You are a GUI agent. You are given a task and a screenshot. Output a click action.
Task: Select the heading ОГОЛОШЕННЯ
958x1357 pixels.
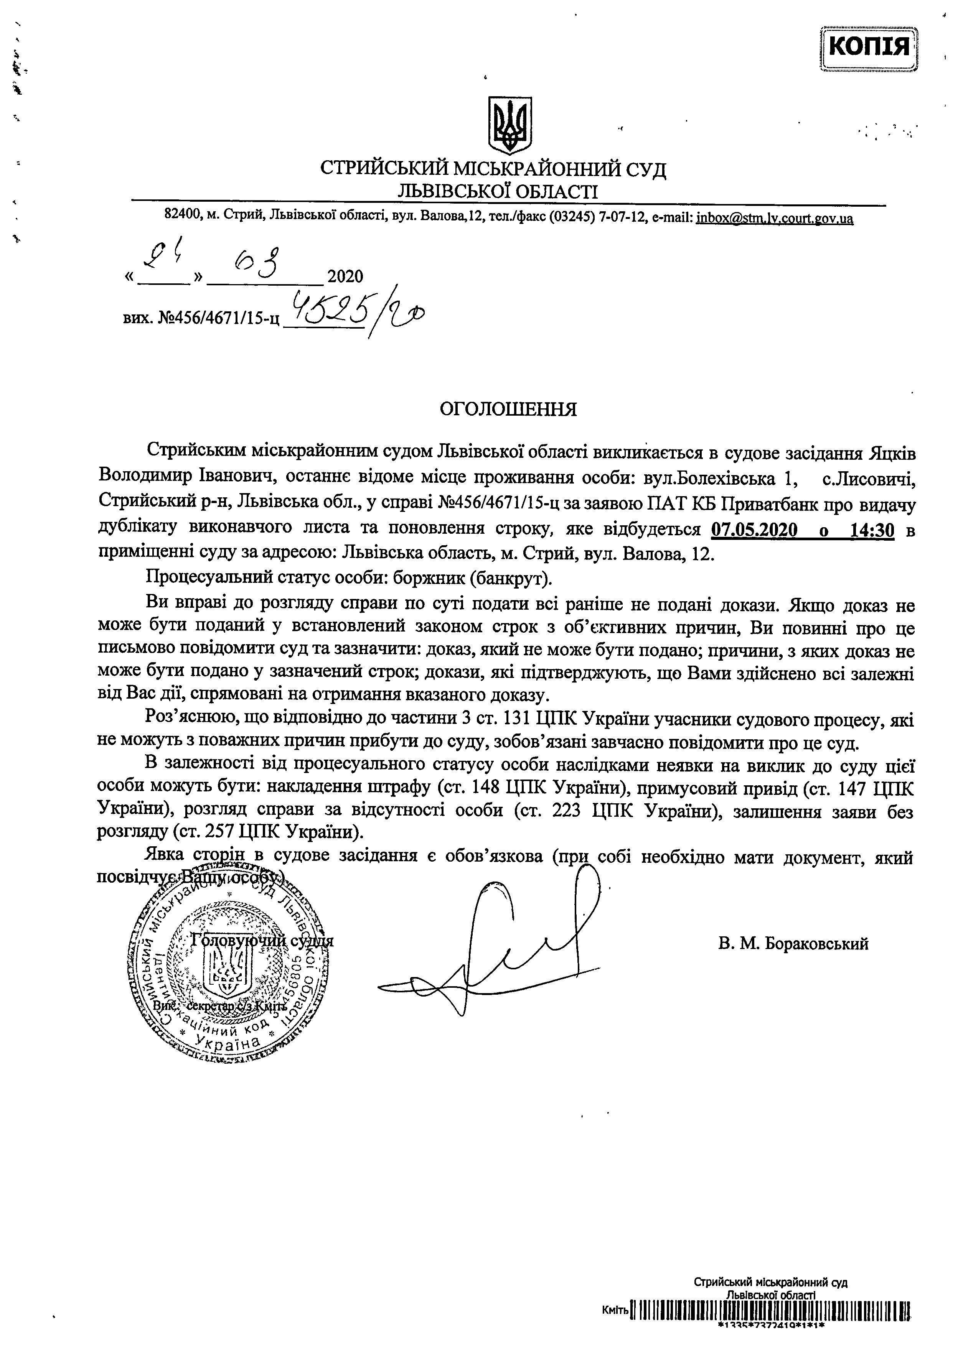[507, 409]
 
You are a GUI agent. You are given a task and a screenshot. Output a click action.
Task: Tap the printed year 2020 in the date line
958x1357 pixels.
[345, 276]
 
